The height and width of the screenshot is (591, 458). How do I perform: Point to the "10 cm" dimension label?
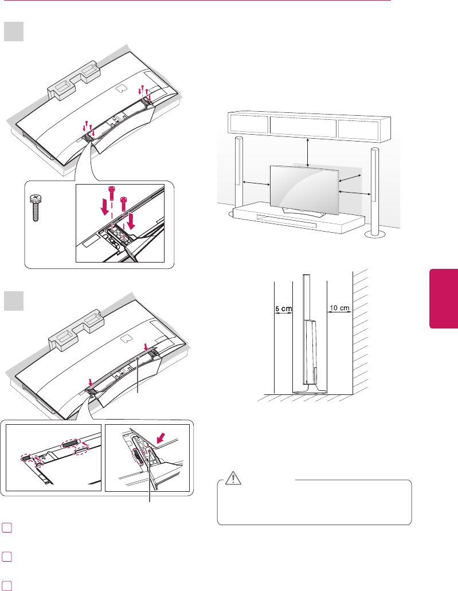[339, 308]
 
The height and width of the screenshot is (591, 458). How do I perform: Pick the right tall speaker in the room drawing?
[375, 189]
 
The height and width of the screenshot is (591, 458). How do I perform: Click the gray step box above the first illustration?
[14, 32]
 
